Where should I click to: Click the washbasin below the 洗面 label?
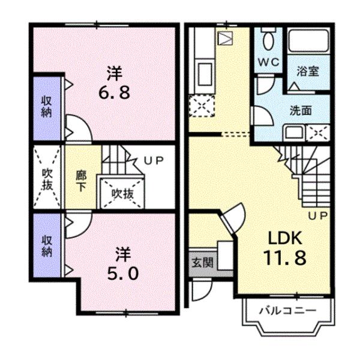tap(294, 132)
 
